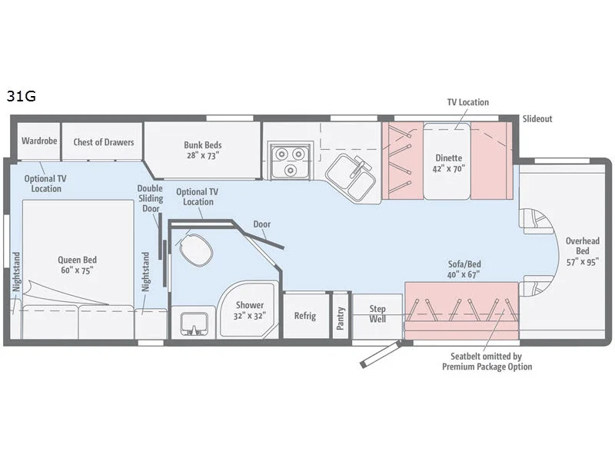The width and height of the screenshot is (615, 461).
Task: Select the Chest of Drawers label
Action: [x=103, y=141]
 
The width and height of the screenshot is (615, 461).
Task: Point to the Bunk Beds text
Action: [x=202, y=149]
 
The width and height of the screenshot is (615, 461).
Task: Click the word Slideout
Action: [x=537, y=119]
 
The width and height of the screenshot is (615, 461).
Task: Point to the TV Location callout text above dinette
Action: [x=467, y=102]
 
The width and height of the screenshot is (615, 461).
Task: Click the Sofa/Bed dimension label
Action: [x=464, y=270]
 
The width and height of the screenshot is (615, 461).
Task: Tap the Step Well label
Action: [x=377, y=314]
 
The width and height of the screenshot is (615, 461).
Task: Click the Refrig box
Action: [x=305, y=316]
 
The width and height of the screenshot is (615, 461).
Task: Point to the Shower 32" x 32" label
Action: [x=249, y=310]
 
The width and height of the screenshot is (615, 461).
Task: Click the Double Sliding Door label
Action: [x=150, y=198]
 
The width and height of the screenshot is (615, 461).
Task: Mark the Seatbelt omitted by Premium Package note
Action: [x=487, y=361]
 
